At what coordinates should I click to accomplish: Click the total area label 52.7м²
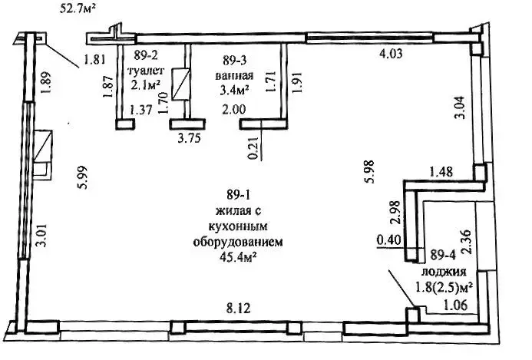click(x=77, y=8)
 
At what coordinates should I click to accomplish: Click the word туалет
click(x=146, y=71)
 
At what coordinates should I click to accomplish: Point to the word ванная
click(x=235, y=75)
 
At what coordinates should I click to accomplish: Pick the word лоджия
click(x=444, y=272)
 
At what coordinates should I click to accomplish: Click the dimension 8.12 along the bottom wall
click(x=238, y=309)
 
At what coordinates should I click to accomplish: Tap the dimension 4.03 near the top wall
click(x=391, y=53)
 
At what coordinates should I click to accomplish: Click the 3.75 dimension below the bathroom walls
click(x=190, y=138)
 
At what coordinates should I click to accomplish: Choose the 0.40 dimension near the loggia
click(x=389, y=240)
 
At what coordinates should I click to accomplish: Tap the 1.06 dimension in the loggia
click(x=456, y=305)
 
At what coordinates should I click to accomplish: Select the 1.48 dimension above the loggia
click(x=441, y=171)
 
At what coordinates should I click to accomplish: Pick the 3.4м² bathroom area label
click(x=235, y=90)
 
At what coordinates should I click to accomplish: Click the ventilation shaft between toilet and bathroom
click(x=181, y=85)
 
